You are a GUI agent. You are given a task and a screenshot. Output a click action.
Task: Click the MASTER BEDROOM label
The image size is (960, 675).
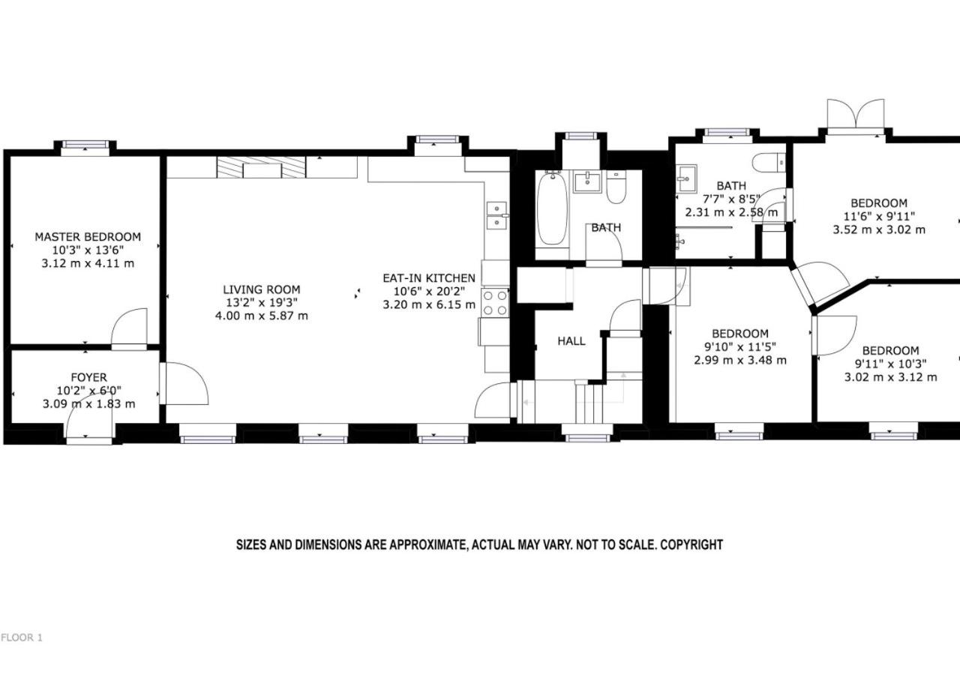(x=88, y=236)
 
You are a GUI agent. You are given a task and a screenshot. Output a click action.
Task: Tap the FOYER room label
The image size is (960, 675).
(x=88, y=377)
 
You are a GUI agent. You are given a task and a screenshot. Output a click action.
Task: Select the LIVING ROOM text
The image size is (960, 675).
(x=262, y=289)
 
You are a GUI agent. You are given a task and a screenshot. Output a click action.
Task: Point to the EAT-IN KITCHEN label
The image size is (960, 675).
(x=429, y=278)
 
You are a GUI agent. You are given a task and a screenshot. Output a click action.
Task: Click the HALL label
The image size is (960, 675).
(x=571, y=341)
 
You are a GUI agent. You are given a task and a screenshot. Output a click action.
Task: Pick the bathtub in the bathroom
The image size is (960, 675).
(x=553, y=208)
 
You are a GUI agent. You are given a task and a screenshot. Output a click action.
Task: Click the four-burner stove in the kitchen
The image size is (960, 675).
(x=495, y=302)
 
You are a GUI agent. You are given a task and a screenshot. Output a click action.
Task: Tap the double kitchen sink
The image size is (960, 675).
(x=497, y=215)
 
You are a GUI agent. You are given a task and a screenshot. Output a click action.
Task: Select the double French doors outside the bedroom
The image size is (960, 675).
(x=856, y=114)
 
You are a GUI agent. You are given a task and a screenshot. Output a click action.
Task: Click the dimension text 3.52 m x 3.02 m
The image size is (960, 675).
(x=879, y=229)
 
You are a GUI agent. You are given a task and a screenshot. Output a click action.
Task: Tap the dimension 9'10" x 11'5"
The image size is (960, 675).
(x=740, y=346)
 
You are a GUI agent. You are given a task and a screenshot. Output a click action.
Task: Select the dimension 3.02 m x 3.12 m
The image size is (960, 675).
(x=890, y=377)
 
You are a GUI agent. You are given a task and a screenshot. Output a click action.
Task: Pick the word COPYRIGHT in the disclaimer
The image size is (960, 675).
(x=691, y=544)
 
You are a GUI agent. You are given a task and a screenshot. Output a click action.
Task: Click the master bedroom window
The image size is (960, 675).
(x=85, y=145)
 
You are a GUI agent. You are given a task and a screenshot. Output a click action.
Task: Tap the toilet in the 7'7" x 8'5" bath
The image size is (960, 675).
(x=769, y=163)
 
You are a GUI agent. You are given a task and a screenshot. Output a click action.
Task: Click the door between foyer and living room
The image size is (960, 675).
(x=184, y=383)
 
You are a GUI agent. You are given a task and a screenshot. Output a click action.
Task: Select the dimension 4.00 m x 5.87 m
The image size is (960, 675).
(x=262, y=316)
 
